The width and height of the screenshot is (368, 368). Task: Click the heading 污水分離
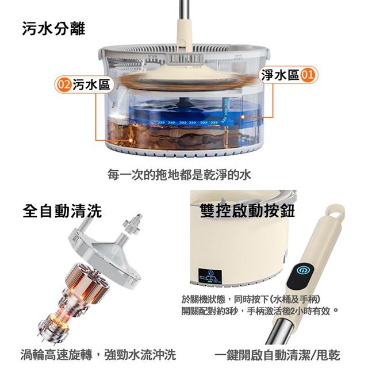click(x=53, y=29)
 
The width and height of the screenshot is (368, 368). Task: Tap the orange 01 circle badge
click(x=308, y=75)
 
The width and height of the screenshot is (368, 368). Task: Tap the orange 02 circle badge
click(x=64, y=85)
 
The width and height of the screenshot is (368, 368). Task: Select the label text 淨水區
click(x=280, y=75)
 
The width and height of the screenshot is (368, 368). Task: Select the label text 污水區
click(x=91, y=85)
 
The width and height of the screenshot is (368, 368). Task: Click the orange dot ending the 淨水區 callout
click(x=243, y=117)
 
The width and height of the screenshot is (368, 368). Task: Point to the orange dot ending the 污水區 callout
click(x=131, y=140)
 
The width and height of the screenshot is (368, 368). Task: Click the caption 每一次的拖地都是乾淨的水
click(x=179, y=175)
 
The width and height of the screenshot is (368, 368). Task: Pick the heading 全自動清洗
click(x=62, y=211)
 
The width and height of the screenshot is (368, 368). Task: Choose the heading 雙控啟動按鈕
click(x=247, y=210)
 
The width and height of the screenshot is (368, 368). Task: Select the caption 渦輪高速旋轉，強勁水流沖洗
click(x=98, y=354)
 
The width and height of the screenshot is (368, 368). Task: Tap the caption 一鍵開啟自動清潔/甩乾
click(x=277, y=355)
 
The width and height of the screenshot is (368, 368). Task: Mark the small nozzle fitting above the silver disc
click(x=133, y=223)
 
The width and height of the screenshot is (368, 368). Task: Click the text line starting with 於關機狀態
click(x=251, y=299)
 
